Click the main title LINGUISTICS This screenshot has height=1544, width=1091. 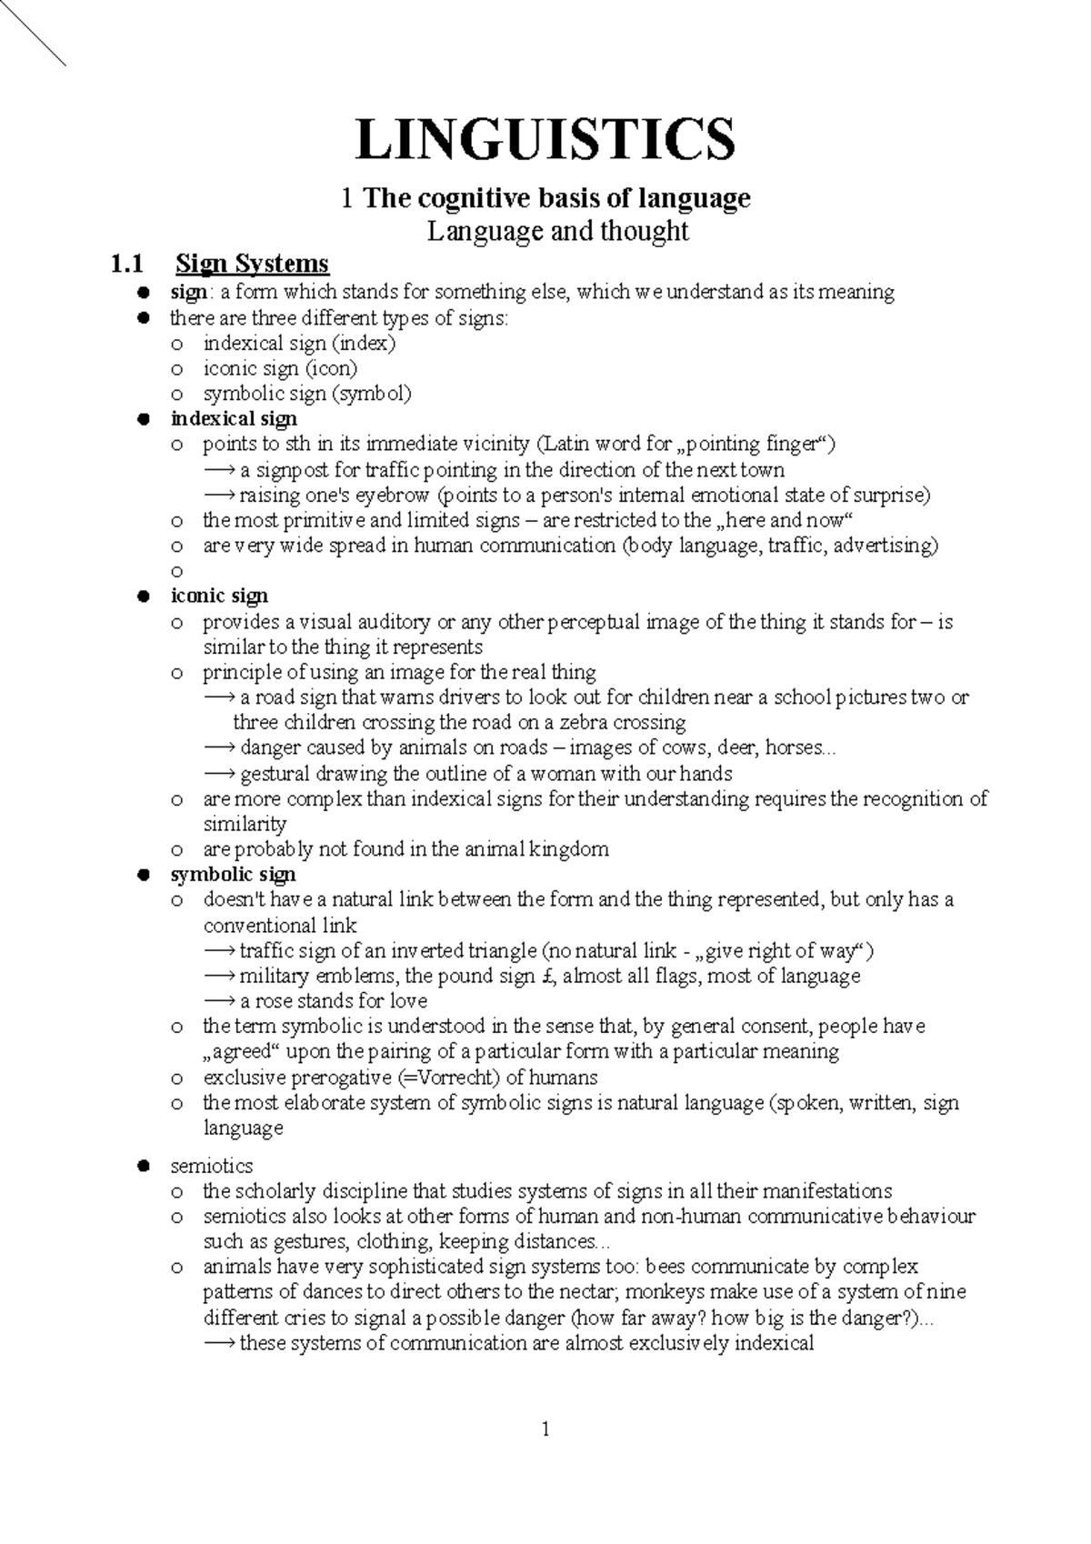click(545, 139)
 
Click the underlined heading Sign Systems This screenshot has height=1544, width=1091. click(252, 264)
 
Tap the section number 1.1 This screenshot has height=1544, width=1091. click(127, 264)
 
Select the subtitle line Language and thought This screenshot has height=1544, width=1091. click(558, 231)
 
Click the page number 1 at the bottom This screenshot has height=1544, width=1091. click(545, 1430)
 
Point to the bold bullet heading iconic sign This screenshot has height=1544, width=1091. click(219, 596)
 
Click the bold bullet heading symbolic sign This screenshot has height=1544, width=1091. click(233, 875)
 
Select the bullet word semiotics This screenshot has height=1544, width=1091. click(211, 1166)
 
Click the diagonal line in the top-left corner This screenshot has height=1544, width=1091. click(33, 33)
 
